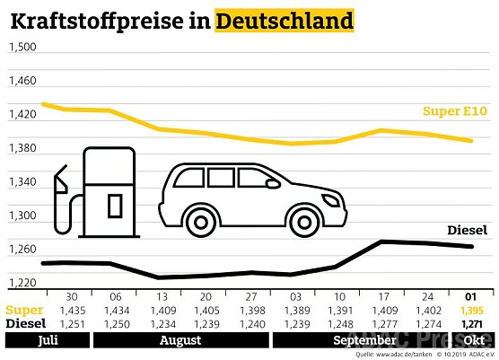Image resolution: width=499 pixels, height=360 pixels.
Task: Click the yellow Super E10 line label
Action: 455,111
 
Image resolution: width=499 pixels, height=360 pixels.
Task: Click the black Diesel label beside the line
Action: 467,230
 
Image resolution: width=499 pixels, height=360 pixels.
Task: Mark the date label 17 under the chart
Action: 382,296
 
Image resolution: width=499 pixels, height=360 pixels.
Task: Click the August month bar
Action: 179,341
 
